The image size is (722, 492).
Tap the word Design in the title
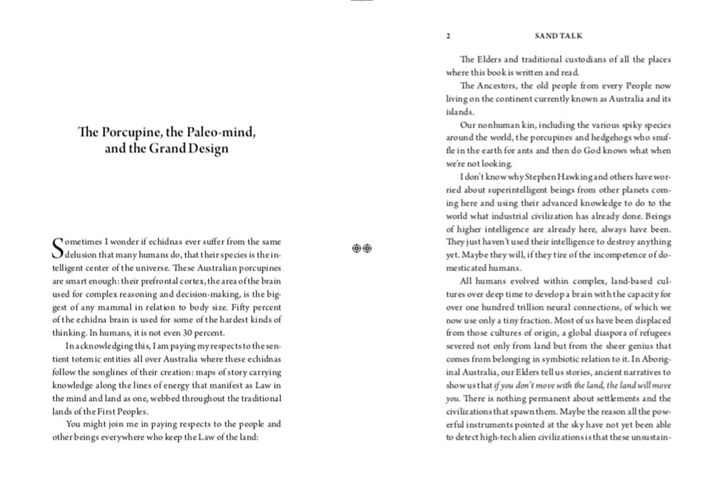click(x=210, y=149)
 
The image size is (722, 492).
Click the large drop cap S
click(x=58, y=248)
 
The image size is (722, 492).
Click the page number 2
click(x=448, y=36)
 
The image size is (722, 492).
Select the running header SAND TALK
click(x=558, y=36)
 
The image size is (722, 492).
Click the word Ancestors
click(x=496, y=86)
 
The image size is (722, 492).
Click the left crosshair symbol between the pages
click(x=356, y=248)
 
